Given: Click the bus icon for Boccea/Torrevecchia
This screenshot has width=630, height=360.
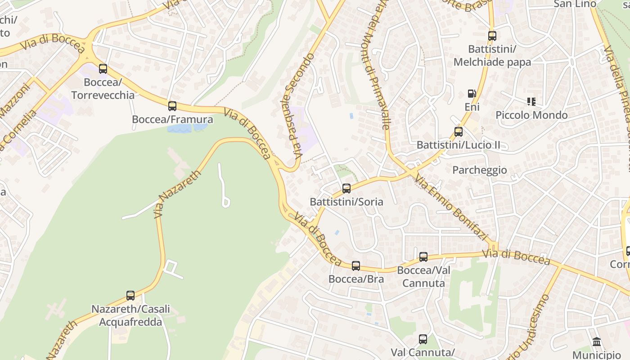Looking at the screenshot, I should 103,69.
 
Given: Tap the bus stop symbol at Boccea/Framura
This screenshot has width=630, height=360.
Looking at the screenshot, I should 172,106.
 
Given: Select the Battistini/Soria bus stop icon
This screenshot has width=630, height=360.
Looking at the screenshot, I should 346,189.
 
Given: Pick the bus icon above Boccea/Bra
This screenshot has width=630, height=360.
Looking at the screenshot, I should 356,266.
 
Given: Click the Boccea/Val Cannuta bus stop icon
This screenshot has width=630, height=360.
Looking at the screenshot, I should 423,257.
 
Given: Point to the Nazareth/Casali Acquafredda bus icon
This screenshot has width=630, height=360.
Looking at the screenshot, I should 130,296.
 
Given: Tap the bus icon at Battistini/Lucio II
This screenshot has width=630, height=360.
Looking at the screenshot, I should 459,132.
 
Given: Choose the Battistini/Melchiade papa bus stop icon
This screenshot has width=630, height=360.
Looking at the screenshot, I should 492,36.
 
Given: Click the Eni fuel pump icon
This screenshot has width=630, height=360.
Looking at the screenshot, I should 472,94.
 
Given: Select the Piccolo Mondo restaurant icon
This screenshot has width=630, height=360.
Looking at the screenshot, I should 531,102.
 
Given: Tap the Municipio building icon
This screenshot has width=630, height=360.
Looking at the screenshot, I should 597,342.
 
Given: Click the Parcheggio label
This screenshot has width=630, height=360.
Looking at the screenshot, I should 479,170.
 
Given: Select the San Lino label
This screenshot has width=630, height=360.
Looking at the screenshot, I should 575,4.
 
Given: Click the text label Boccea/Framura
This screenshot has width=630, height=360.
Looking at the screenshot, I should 172,120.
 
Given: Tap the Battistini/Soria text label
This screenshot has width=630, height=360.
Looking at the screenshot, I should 346,202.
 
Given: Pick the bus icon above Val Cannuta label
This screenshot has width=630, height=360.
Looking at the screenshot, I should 423,339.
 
